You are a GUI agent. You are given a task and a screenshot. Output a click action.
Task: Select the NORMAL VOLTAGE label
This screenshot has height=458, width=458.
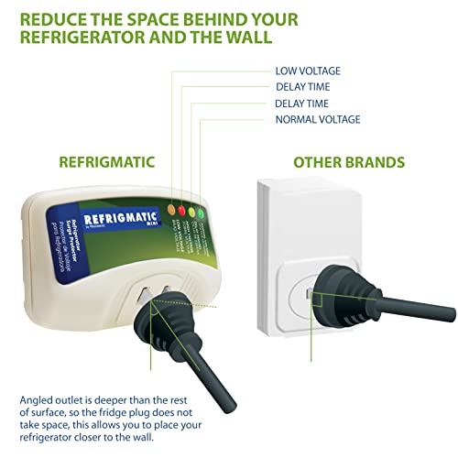coord(317,119)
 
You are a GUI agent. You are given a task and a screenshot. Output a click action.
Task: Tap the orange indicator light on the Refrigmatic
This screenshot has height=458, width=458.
coord(171,208)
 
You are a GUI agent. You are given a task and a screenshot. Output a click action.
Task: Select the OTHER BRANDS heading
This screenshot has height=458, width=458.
coord(349,162)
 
